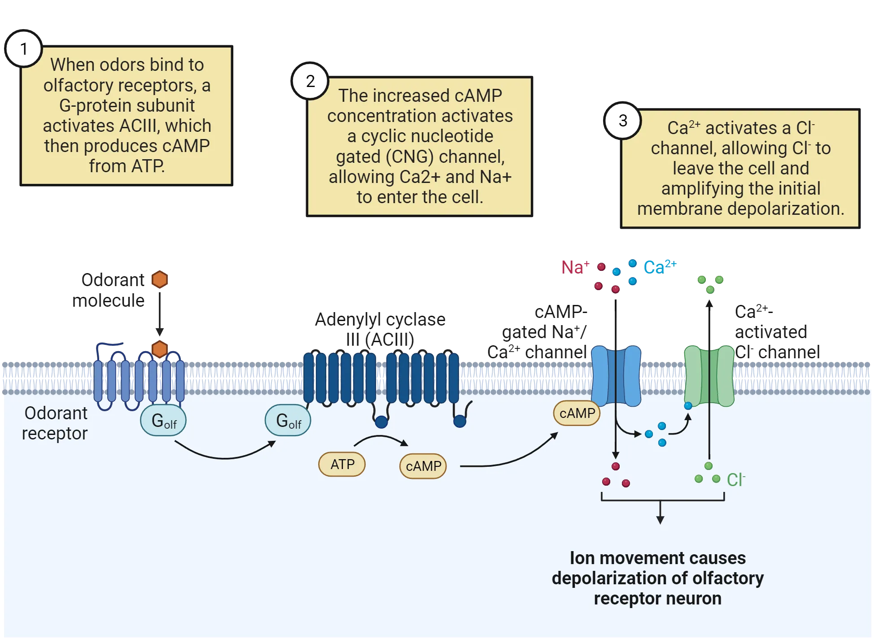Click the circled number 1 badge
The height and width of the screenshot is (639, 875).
[24, 49]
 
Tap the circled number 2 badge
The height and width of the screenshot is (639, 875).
[310, 81]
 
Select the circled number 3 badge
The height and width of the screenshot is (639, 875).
[623, 121]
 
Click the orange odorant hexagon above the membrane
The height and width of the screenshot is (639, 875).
[160, 280]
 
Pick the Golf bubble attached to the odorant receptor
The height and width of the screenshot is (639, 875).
[163, 421]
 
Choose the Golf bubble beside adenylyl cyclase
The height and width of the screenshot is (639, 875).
[288, 421]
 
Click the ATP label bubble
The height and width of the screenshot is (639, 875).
[342, 464]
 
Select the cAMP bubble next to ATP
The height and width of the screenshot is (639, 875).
[423, 466]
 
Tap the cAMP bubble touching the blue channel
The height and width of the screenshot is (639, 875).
[577, 413]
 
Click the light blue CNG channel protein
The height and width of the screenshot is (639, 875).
[616, 376]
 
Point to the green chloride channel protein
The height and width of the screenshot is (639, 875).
[709, 376]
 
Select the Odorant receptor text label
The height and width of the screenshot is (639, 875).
[55, 423]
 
